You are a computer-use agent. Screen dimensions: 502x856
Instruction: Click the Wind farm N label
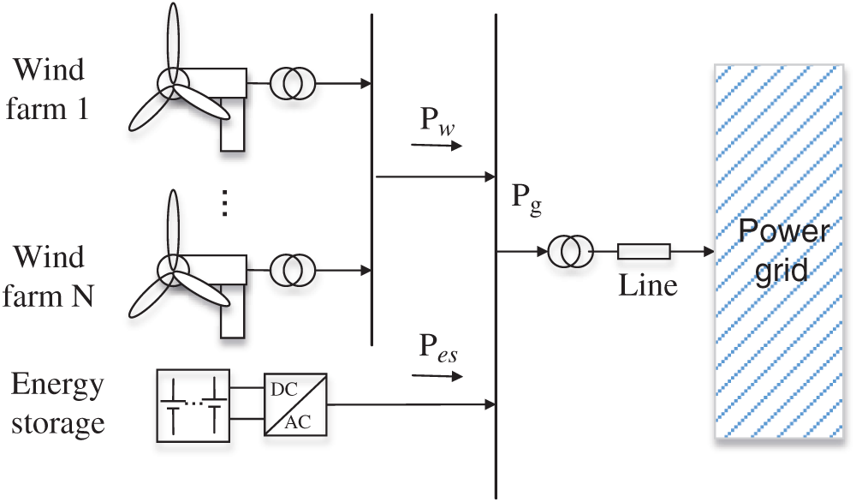(56, 277)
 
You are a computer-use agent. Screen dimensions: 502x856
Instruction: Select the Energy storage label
(57, 403)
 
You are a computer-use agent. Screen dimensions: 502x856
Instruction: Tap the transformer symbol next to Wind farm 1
(293, 83)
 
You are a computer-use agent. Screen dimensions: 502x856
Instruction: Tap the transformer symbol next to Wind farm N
(293, 270)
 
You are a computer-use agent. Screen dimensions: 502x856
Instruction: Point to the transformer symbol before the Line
(571, 252)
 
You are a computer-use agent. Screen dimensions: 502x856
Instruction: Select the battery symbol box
(193, 406)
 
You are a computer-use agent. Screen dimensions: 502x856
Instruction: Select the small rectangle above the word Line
(644, 251)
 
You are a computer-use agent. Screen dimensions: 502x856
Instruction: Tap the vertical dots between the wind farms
(224, 203)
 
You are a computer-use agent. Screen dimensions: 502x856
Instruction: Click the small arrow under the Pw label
(437, 146)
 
